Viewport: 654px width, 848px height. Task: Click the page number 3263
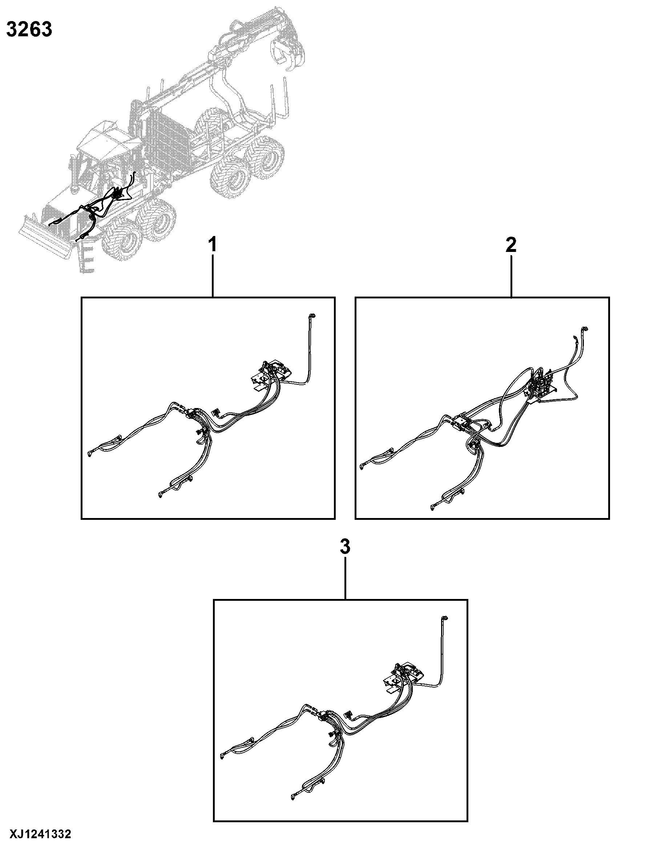29,30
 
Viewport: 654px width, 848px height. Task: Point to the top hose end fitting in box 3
444,618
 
